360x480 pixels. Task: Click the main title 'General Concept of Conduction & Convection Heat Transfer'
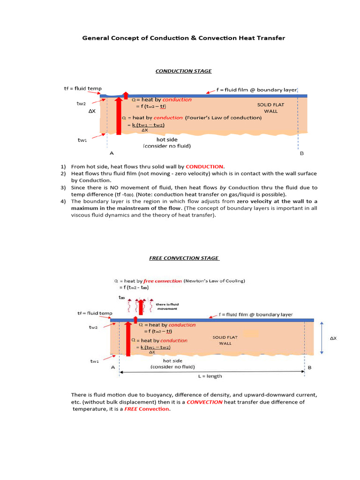point(183,38)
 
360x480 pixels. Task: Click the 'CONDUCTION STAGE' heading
point(183,71)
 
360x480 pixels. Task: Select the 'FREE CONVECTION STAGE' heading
point(184,258)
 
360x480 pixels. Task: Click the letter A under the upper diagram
point(111,153)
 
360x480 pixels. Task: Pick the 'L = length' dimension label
point(208,376)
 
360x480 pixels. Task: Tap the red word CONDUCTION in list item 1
point(204,166)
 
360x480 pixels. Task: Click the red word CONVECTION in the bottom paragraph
point(204,402)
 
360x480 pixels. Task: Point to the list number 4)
point(63,202)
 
